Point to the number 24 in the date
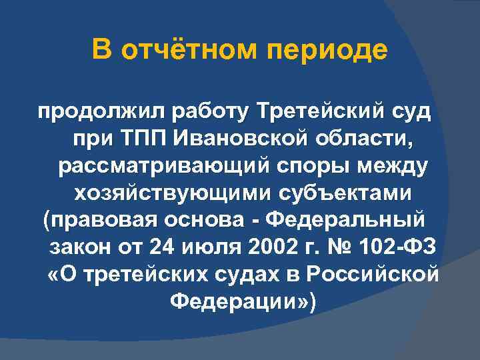pos(165,247)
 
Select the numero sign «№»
pos(344,247)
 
